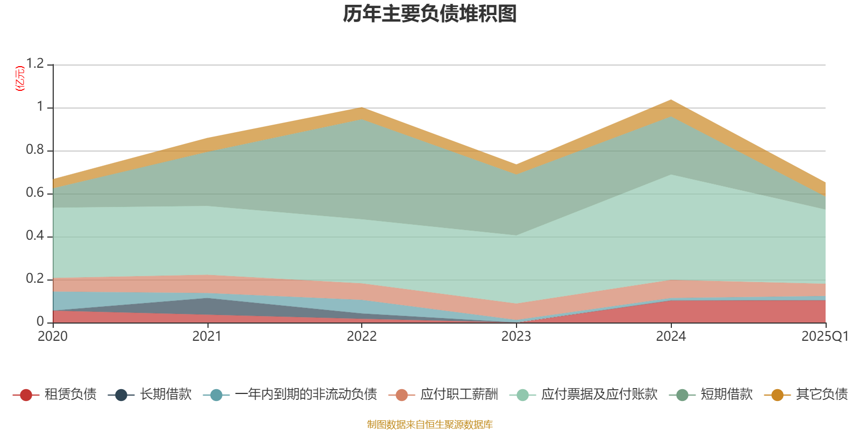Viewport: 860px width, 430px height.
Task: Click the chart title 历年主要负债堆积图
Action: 430,15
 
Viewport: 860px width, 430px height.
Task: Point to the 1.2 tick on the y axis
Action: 35,64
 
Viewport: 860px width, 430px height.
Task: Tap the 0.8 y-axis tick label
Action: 35,150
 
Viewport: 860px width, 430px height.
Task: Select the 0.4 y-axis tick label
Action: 35,236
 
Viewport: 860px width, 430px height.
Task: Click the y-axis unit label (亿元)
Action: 20,78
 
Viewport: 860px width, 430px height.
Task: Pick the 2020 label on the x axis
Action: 53,336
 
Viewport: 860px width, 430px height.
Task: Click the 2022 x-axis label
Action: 362,336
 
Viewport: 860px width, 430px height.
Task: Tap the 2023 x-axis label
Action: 516,336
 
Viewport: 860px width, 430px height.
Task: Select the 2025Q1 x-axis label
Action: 825,336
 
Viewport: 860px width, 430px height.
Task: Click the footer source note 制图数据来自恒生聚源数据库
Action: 430,425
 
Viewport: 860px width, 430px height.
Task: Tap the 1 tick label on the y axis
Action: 40,107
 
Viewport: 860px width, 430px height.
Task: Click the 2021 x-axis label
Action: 207,336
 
